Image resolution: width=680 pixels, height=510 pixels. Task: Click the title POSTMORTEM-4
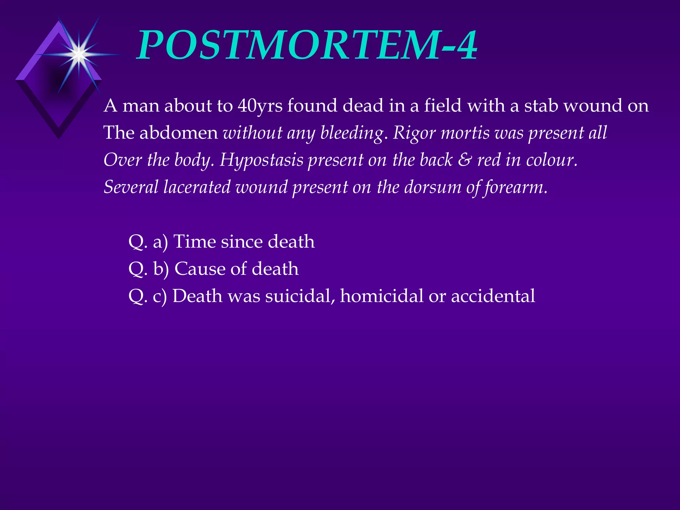307,45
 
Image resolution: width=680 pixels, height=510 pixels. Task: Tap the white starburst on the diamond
79,54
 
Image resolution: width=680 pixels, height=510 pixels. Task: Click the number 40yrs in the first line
260,106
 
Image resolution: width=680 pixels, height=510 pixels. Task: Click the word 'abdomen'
179,133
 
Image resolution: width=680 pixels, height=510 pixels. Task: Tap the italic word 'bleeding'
352,133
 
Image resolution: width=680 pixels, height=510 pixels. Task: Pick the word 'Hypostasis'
261,160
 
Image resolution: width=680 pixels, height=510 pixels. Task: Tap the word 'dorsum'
433,187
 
